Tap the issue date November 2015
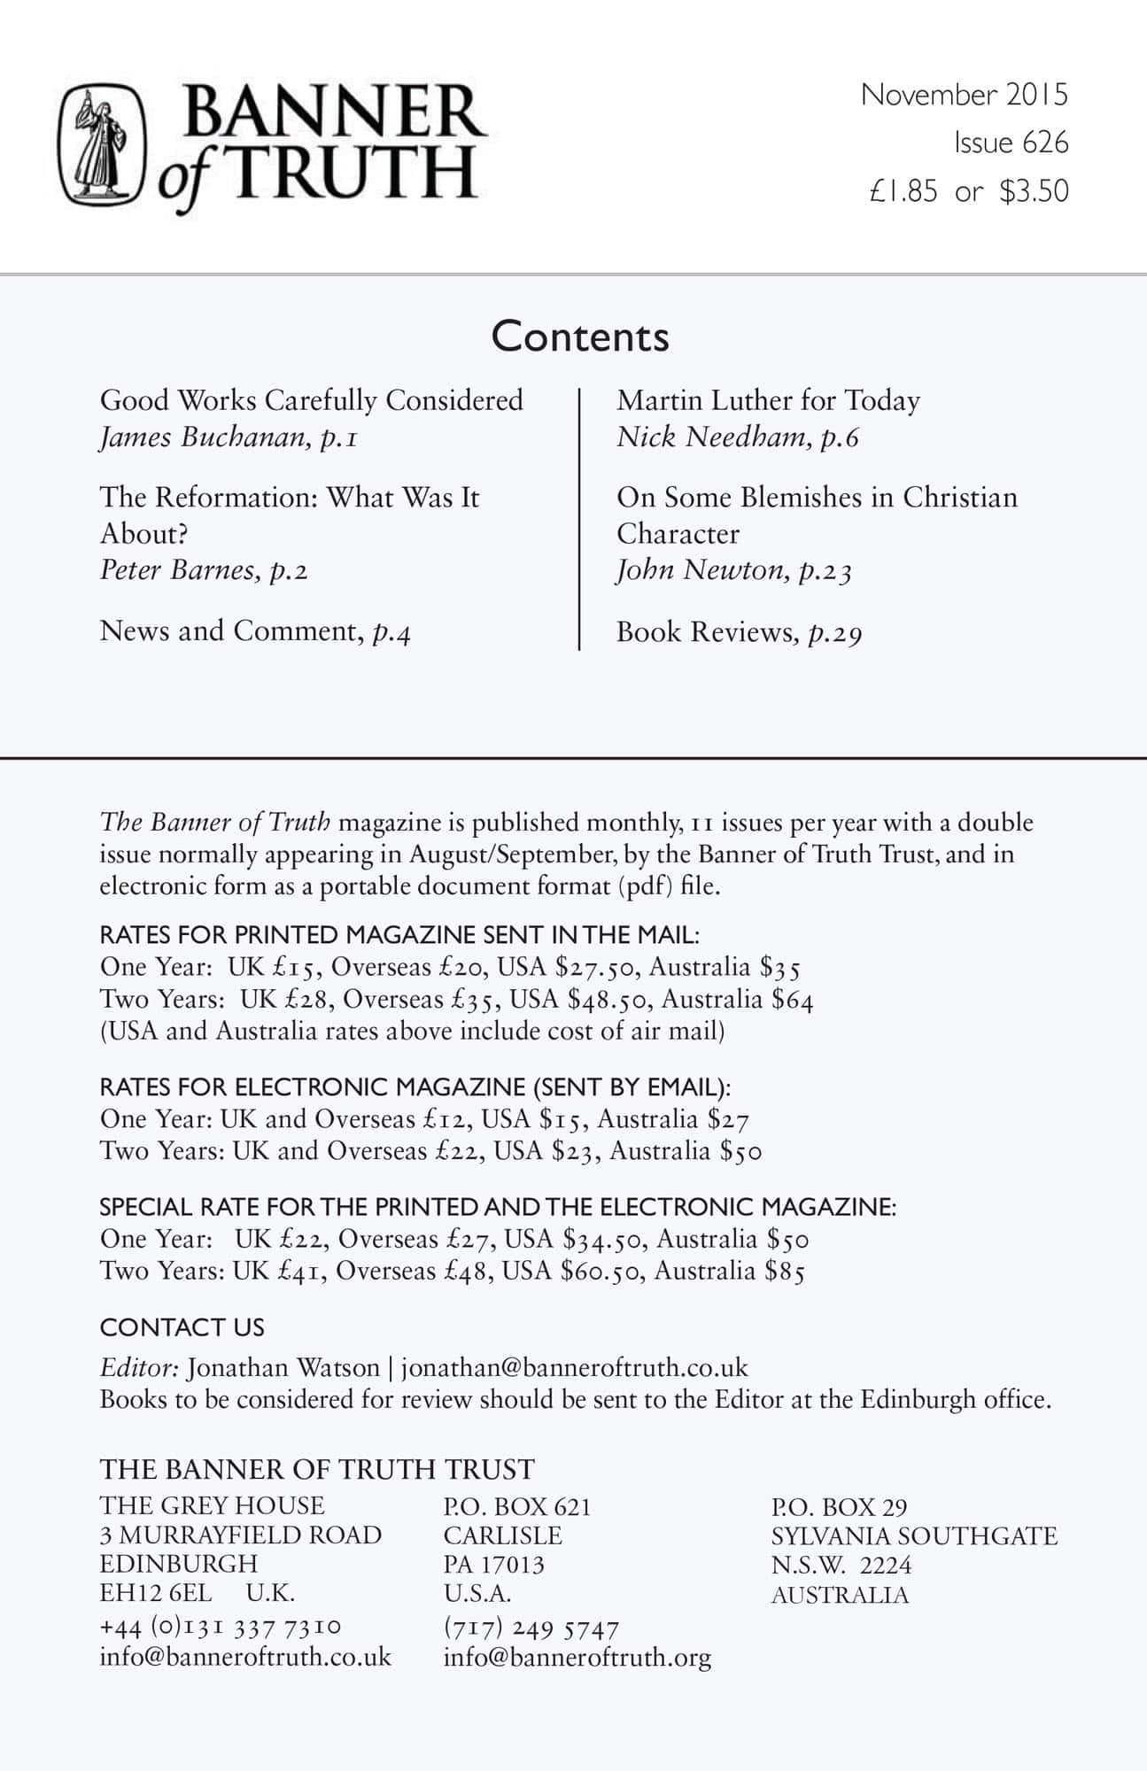tap(964, 95)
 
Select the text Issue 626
tap(1011, 143)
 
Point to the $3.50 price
tap(1034, 191)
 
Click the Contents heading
tap(580, 336)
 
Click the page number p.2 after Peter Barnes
tap(288, 570)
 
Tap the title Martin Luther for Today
tap(768, 400)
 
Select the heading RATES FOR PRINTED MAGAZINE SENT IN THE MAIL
tap(399, 935)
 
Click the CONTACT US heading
tap(182, 1327)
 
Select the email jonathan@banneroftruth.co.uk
tap(574, 1368)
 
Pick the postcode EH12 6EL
tap(156, 1593)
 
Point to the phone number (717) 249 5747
tap(531, 1628)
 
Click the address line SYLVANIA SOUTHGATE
tap(914, 1536)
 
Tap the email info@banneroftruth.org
tap(577, 1658)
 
